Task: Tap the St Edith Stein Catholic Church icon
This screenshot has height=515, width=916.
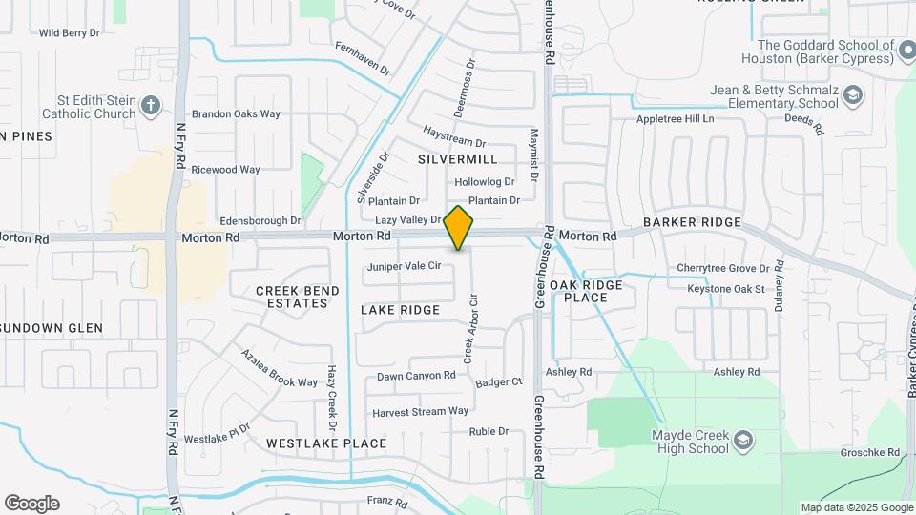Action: click(x=151, y=106)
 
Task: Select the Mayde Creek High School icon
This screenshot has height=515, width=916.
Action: click(x=743, y=441)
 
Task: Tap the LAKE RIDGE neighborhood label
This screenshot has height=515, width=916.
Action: click(x=401, y=310)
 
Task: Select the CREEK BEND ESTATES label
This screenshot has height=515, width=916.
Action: click(x=292, y=297)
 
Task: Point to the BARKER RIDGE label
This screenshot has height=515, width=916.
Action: click(x=692, y=222)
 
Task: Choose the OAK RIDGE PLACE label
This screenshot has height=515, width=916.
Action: click(x=586, y=291)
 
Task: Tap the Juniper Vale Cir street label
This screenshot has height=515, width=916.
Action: click(x=404, y=266)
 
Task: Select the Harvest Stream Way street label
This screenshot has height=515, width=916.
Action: click(x=421, y=412)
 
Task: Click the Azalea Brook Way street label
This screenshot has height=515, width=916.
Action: click(x=279, y=368)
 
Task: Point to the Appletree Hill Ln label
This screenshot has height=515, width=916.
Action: click(x=676, y=119)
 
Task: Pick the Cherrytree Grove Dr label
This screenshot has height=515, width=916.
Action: click(x=722, y=268)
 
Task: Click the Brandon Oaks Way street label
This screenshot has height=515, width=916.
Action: click(x=236, y=113)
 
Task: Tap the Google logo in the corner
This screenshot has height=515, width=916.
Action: click(x=31, y=504)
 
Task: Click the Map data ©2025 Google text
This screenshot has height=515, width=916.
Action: click(x=856, y=507)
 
